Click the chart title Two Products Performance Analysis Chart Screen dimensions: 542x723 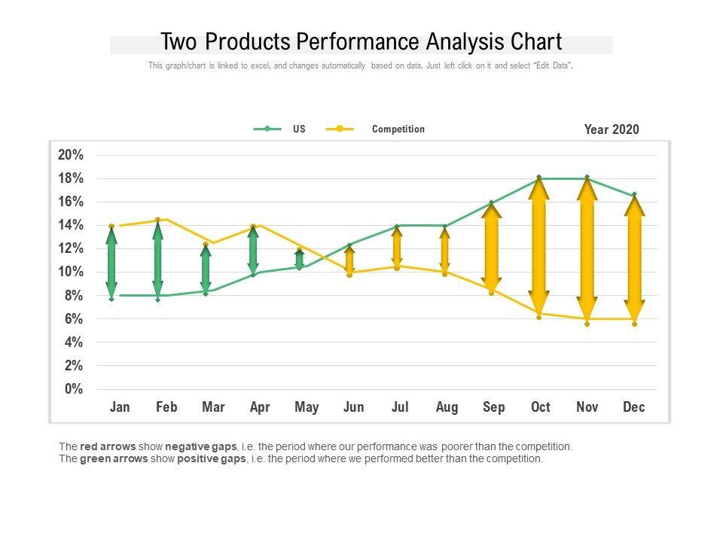pos(361,41)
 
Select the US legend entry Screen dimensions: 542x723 pos(299,129)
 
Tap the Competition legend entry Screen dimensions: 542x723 pos(398,129)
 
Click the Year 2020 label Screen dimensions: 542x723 pos(611,129)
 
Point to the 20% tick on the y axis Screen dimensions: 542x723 pos(71,155)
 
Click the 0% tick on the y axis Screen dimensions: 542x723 pos(74,389)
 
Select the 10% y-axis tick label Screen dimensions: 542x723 pos(71,272)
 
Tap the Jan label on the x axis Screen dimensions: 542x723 pos(120,407)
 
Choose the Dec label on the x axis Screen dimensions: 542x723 pos(634,407)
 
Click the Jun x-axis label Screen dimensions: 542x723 pos(353,407)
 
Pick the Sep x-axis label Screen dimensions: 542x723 pos(493,407)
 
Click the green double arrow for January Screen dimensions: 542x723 pos(111,262)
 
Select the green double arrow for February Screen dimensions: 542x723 pos(158,260)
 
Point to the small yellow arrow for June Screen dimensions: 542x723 pos(349,260)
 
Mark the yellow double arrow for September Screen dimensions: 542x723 pos(492,247)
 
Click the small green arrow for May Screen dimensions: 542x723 pos(300,258)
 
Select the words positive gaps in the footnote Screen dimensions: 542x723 pos(211,458)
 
